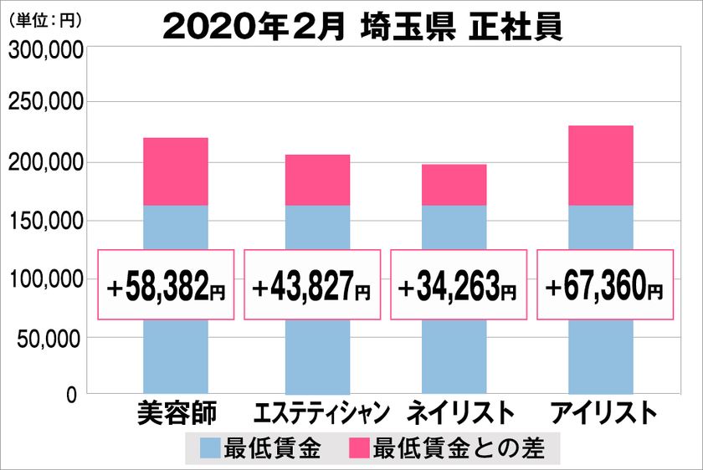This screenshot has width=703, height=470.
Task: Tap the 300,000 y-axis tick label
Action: click(45, 52)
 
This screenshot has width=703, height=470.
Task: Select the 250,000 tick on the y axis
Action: click(45, 103)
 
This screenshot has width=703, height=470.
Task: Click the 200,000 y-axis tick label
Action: click(45, 162)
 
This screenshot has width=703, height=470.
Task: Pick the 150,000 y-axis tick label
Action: click(45, 221)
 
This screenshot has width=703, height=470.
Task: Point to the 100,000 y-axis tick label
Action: click(45, 279)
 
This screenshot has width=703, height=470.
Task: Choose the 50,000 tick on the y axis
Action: click(50, 338)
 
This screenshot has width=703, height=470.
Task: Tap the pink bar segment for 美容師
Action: click(176, 171)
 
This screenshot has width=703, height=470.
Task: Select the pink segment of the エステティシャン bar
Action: click(317, 180)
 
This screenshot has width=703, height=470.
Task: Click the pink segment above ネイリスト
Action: click(454, 185)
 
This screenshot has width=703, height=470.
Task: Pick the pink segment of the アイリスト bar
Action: click(601, 166)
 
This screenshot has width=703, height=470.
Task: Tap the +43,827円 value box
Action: click(312, 284)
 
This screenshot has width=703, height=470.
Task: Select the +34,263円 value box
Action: click(459, 284)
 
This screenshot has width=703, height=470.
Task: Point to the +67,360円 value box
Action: click(604, 284)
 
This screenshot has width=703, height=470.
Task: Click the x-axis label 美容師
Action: click(176, 414)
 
